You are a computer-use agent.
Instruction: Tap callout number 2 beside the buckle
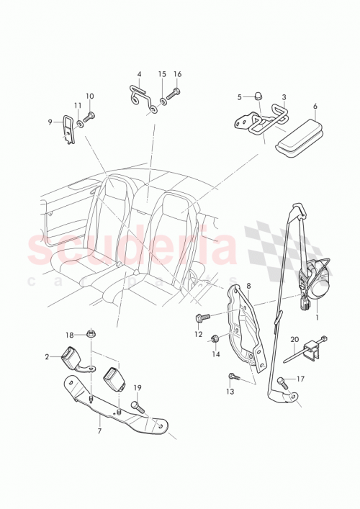(x=47, y=356)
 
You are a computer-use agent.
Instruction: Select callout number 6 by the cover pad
(x=315, y=106)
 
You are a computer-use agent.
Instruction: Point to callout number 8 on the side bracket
(x=250, y=287)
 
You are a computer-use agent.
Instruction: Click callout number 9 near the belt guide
(x=50, y=122)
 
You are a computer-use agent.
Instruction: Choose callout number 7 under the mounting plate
(x=99, y=431)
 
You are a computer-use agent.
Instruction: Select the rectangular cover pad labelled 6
(x=295, y=138)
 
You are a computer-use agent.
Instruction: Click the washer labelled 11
(x=80, y=124)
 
